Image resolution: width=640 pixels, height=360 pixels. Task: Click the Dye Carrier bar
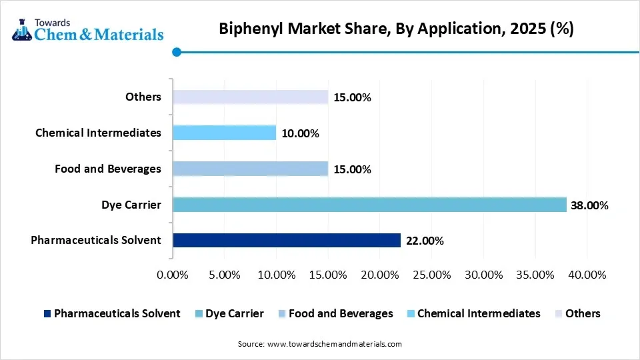click(x=369, y=205)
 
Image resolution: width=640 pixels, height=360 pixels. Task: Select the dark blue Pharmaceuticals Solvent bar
click(x=287, y=240)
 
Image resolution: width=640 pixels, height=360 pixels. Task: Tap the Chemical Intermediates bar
click(x=224, y=133)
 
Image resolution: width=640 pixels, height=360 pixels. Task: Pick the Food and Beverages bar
click(x=250, y=169)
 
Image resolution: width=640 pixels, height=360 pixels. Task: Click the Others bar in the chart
click(x=250, y=97)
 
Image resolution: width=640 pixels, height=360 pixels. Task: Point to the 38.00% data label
click(x=589, y=205)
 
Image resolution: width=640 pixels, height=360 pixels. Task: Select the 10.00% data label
click(x=299, y=133)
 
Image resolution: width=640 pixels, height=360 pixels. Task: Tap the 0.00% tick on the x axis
click(x=173, y=275)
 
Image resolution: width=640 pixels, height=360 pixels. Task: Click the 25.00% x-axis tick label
click(x=431, y=275)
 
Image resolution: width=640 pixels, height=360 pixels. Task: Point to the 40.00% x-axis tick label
click(x=587, y=275)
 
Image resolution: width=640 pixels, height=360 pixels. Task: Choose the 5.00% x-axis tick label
click(x=225, y=275)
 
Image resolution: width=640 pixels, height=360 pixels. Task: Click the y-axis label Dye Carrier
click(x=132, y=205)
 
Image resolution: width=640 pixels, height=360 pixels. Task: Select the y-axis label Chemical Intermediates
click(x=98, y=133)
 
